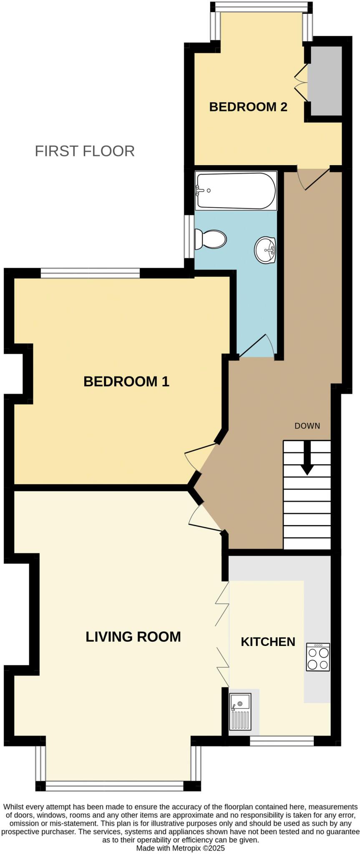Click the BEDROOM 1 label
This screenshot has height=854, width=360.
tap(126, 381)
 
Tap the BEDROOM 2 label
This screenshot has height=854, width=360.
tap(248, 107)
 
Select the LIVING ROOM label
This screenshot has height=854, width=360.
tap(133, 637)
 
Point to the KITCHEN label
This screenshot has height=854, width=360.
tap(268, 642)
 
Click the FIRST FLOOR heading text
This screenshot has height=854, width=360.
tap(85, 151)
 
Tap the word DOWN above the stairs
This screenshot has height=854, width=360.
tap(307, 426)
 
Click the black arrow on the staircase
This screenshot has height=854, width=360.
tap(307, 459)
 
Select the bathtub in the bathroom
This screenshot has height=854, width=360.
tap(236, 191)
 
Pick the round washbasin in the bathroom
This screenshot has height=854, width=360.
tap(265, 250)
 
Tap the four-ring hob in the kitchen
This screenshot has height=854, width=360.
tap(318, 657)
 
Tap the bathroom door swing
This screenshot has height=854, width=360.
tap(259, 346)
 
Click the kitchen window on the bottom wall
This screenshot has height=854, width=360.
tap(282, 741)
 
